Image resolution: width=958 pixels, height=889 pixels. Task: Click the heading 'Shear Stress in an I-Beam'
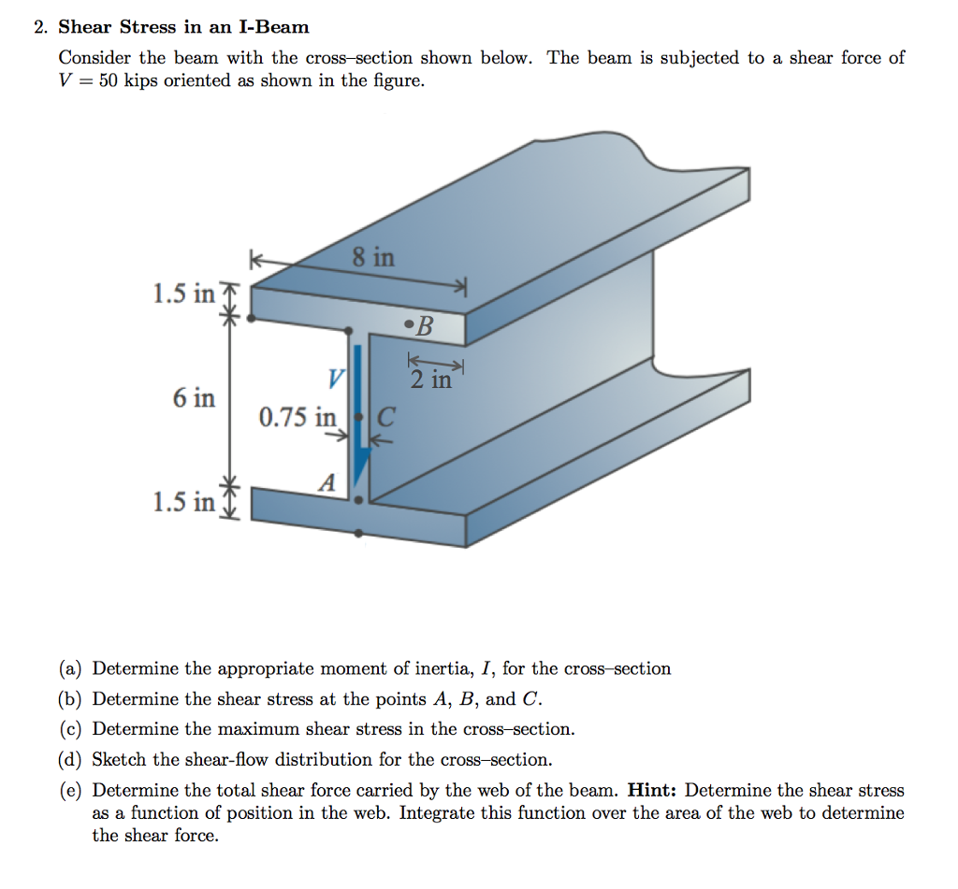(183, 27)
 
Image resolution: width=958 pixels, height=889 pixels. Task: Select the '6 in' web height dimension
(194, 398)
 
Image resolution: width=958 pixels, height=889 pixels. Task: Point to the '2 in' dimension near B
(430, 380)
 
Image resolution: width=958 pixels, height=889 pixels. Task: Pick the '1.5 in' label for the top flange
(183, 294)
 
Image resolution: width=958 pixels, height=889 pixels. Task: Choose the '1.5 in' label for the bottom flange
(183, 503)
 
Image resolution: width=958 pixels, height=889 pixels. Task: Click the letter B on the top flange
(425, 326)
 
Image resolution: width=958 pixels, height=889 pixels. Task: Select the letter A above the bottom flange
(327, 483)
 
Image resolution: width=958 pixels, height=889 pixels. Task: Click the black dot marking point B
(408, 325)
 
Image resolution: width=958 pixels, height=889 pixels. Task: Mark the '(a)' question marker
(71, 668)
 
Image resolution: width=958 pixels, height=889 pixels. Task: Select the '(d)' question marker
(71, 759)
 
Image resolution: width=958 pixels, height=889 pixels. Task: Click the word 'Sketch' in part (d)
(120, 759)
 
